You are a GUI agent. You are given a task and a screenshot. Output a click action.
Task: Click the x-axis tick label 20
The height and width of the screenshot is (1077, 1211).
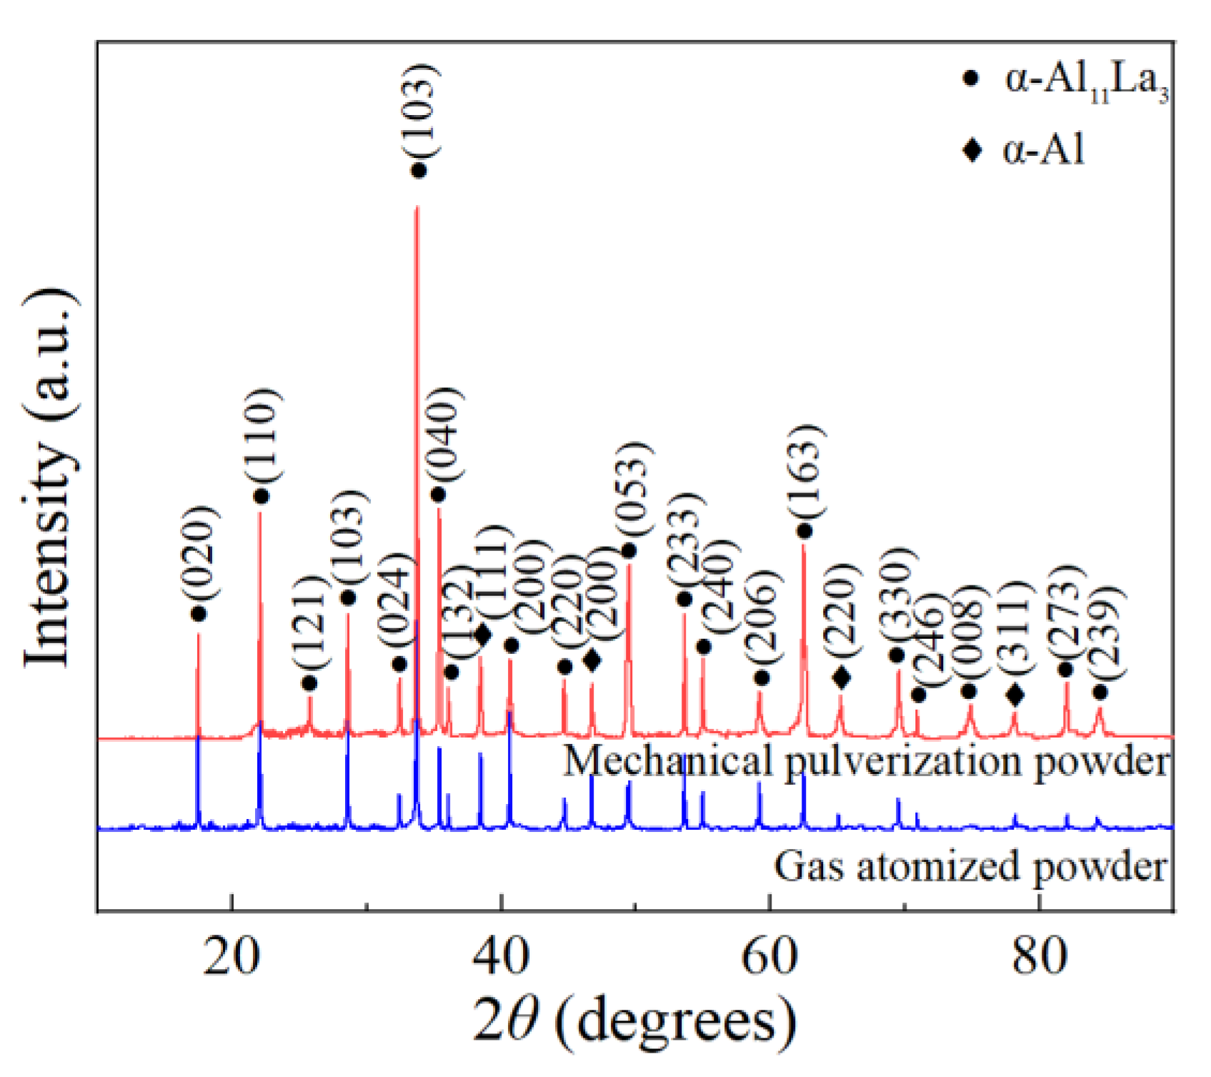[x=230, y=956]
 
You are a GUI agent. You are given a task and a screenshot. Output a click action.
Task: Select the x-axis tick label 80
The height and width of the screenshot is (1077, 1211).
[x=1039, y=956]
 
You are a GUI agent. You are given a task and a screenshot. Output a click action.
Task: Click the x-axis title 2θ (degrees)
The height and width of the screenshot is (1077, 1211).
[x=634, y=1021]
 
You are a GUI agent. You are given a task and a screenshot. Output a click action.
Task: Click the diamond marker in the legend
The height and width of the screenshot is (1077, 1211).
[x=972, y=150]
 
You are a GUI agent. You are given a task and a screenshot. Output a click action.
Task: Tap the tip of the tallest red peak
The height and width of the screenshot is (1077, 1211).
[x=417, y=208]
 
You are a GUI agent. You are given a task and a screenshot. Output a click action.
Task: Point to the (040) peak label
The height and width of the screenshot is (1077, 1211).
[x=443, y=434]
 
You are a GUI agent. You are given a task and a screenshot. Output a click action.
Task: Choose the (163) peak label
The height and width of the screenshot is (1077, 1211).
[x=807, y=472]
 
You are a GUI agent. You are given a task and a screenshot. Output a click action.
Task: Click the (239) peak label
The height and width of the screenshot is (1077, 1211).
[x=1105, y=632]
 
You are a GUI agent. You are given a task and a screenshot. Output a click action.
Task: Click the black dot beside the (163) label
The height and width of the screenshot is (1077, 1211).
[x=804, y=531]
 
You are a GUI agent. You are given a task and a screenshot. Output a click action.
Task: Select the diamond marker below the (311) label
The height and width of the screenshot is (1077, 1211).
[x=1015, y=695]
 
